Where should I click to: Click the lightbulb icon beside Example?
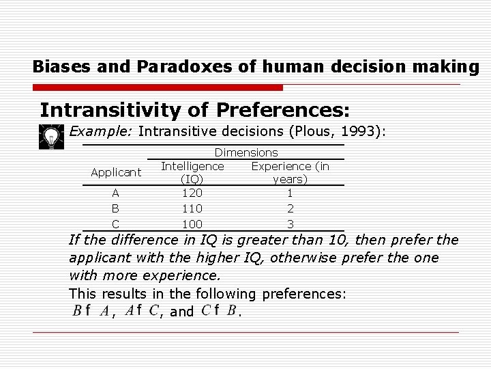click(x=50, y=137)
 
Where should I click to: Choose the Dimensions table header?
click(x=246, y=153)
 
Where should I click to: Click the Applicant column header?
click(x=116, y=172)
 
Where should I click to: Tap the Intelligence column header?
click(x=192, y=166)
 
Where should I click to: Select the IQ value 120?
click(x=193, y=193)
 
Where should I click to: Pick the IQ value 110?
click(x=193, y=208)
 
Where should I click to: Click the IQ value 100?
click(x=193, y=223)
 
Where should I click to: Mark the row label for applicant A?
click(x=115, y=193)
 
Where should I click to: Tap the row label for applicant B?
click(x=115, y=208)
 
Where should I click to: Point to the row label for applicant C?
click(x=115, y=223)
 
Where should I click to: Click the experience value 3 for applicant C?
click(x=290, y=223)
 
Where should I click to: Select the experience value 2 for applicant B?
click(x=290, y=208)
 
